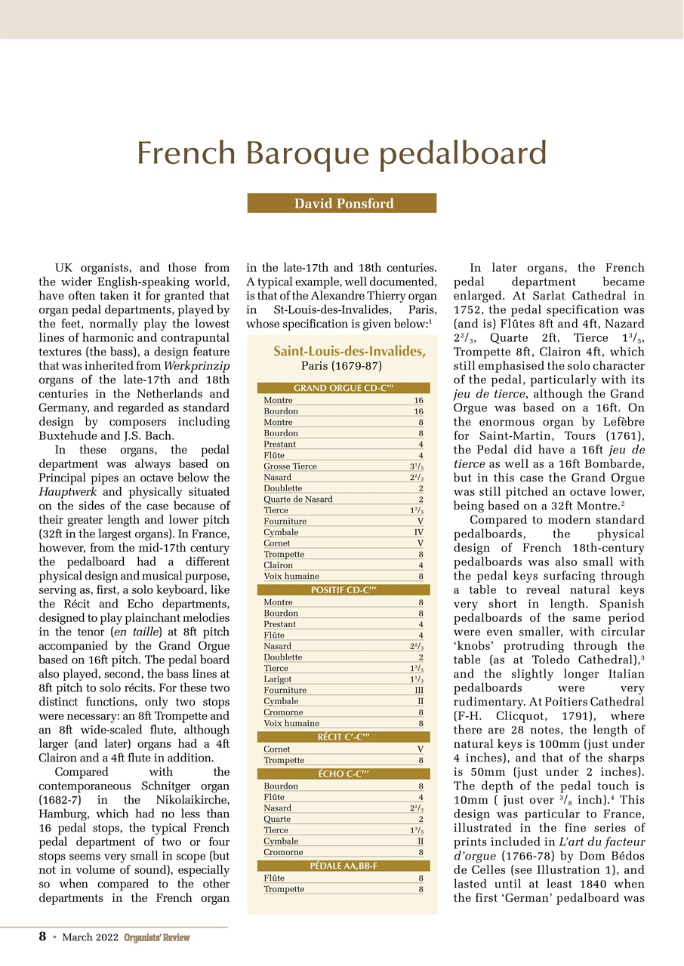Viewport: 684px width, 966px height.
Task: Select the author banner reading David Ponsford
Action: pyautogui.click(x=342, y=203)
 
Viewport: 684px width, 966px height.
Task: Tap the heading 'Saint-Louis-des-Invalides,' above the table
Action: pyautogui.click(x=349, y=351)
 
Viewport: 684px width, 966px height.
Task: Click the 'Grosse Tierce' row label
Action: pyautogui.click(x=290, y=466)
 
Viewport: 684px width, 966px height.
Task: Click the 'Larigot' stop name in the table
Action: pyautogui.click(x=278, y=679)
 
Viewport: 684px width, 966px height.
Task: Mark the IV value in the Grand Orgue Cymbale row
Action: pyautogui.click(x=418, y=532)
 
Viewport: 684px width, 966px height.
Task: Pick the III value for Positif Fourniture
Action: pyautogui.click(x=418, y=690)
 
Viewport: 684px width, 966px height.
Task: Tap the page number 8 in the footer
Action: pyautogui.click(x=43, y=937)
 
